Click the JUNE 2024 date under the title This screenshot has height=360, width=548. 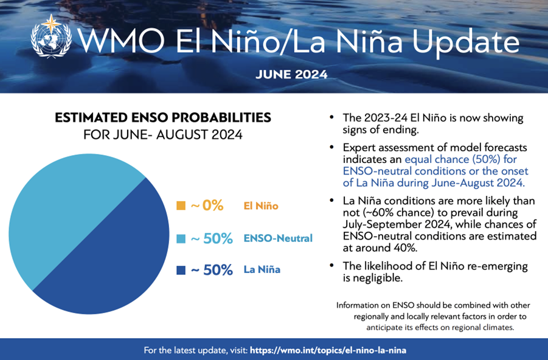291,75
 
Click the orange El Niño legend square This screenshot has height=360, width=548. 181,206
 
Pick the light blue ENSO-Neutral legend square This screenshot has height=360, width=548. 181,238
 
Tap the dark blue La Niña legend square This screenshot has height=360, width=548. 181,270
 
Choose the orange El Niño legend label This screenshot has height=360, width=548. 260,206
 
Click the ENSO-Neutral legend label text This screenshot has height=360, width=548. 277,238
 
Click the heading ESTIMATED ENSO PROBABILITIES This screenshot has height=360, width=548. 163,117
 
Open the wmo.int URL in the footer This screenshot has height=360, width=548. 327,350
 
